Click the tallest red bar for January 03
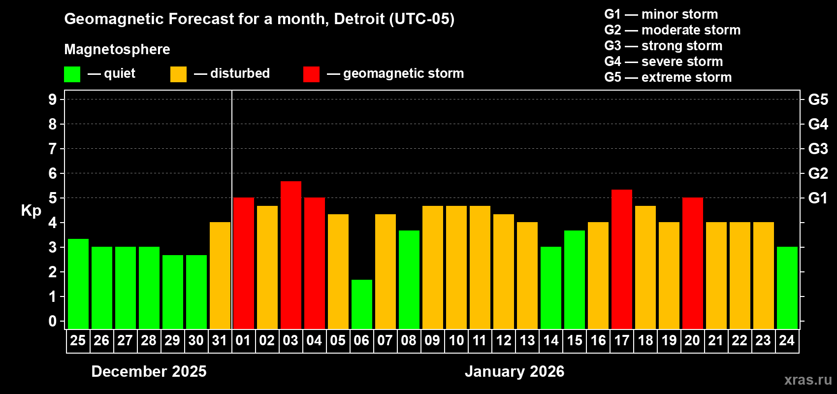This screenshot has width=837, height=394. coord(291,255)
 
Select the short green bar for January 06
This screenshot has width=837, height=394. coord(362,304)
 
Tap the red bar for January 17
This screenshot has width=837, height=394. coord(622,259)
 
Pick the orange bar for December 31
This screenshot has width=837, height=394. coord(220,275)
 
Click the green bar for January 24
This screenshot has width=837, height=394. coord(787,288)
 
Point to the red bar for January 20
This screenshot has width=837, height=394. coord(693,263)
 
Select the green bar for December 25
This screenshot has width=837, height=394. coord(78,284)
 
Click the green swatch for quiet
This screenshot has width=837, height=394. coord(72,74)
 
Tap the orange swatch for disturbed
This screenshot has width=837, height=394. coord(178,74)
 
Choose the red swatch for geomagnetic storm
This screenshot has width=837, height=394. coord(311,74)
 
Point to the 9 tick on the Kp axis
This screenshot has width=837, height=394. coord(53,99)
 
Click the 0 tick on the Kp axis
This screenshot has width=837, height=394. coord(53,321)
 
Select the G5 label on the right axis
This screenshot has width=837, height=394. coord(818,99)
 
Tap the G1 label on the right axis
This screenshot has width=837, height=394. coord(818,198)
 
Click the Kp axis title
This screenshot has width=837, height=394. coord(31,210)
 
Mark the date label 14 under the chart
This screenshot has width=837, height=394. coord(551,340)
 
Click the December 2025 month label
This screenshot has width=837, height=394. coord(149,371)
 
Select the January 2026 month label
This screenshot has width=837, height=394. coord(515,371)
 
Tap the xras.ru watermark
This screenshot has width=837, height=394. coord(808,380)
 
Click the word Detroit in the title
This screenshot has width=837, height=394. coord(359,19)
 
